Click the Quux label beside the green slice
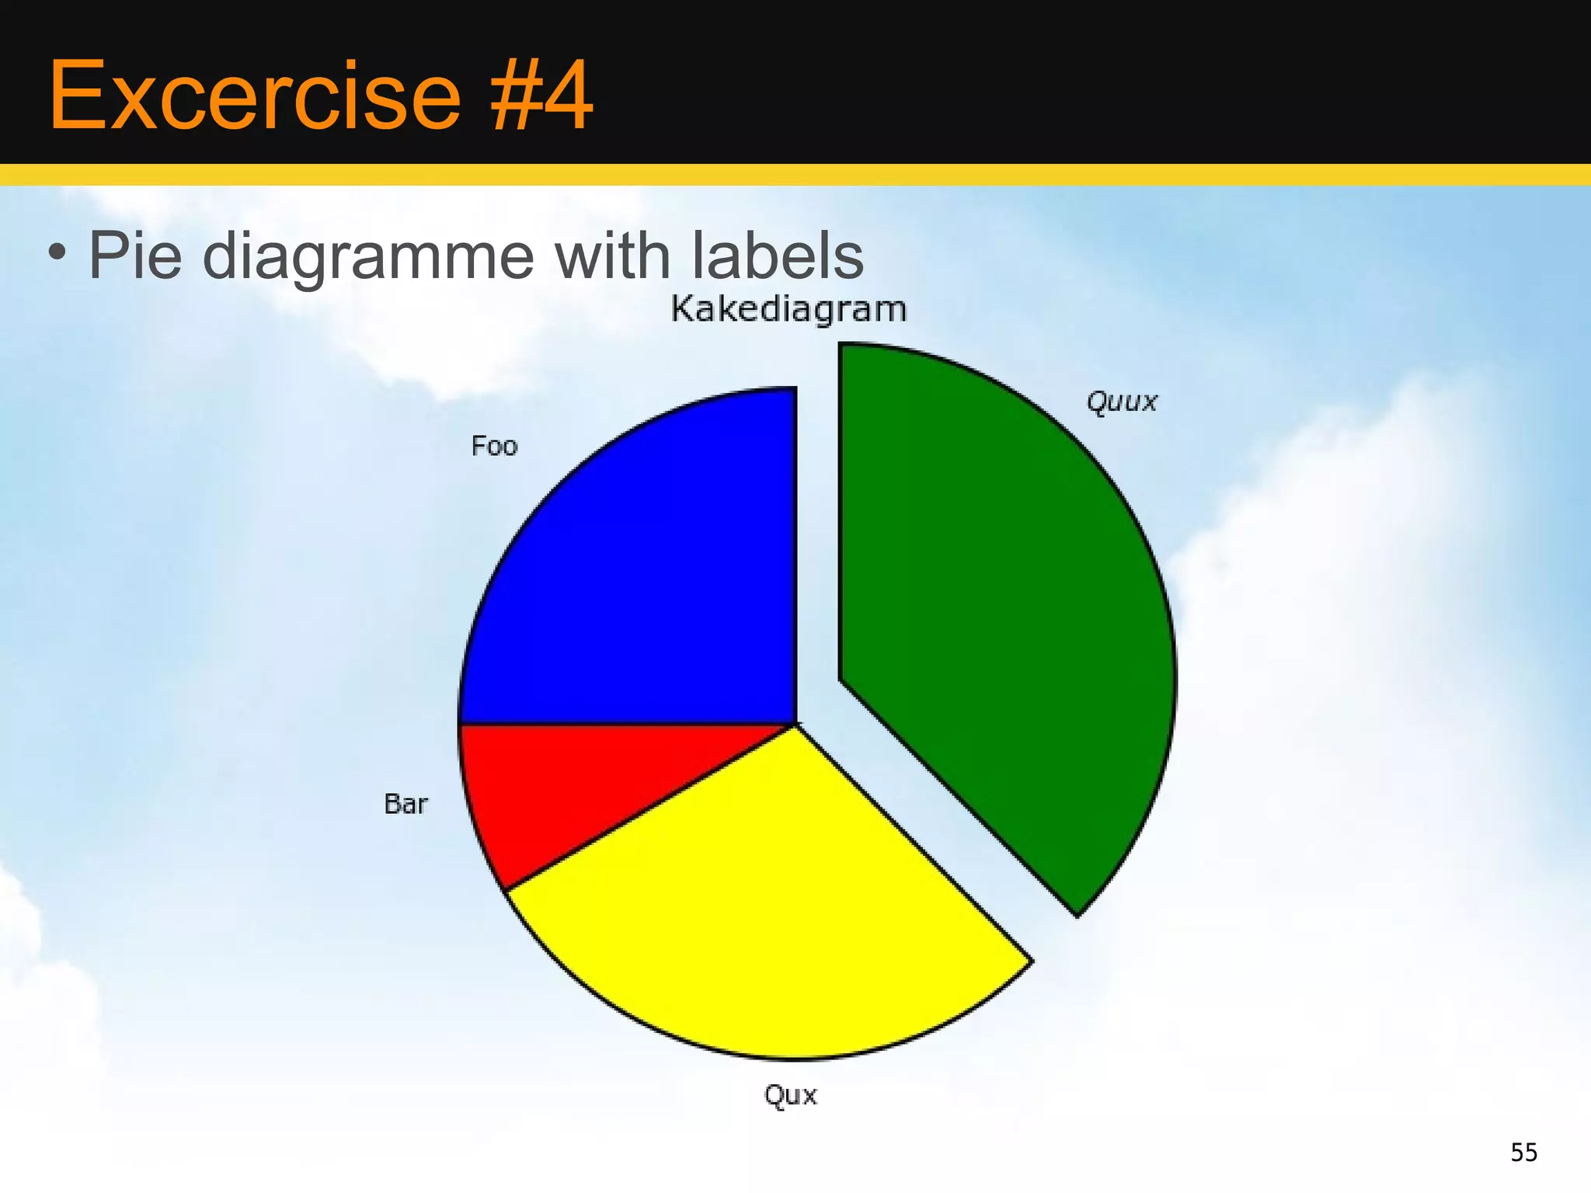(x=1121, y=402)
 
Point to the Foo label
(x=494, y=447)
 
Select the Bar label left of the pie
(x=406, y=804)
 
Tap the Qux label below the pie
(x=790, y=1095)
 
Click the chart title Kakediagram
(x=789, y=309)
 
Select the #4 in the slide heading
(x=540, y=96)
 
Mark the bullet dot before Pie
(x=56, y=252)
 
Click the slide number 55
(x=1523, y=1152)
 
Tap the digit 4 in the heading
(x=568, y=96)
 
